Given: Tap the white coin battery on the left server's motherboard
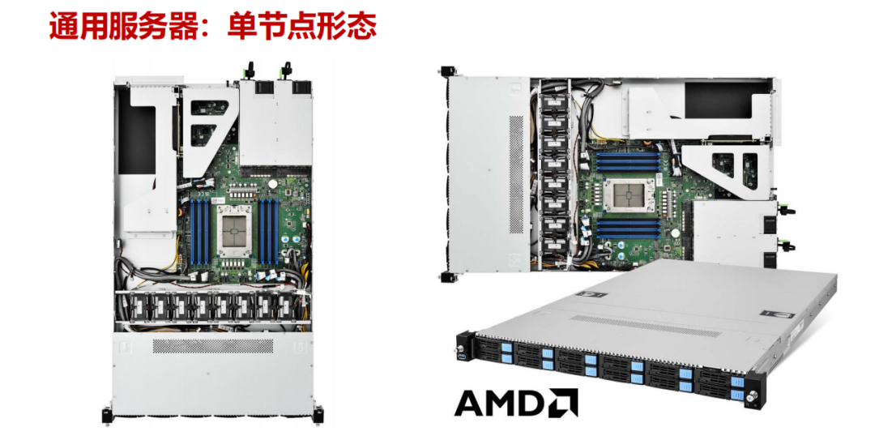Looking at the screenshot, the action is tap(273, 182).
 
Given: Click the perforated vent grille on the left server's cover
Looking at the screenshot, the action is tap(213, 346).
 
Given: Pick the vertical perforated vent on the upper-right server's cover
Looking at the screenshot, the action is tap(516, 174).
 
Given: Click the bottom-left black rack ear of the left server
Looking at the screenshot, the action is tap(107, 414).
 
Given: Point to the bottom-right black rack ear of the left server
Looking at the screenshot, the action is tap(318, 414).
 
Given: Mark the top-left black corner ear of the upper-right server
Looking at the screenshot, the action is tap(446, 71).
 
